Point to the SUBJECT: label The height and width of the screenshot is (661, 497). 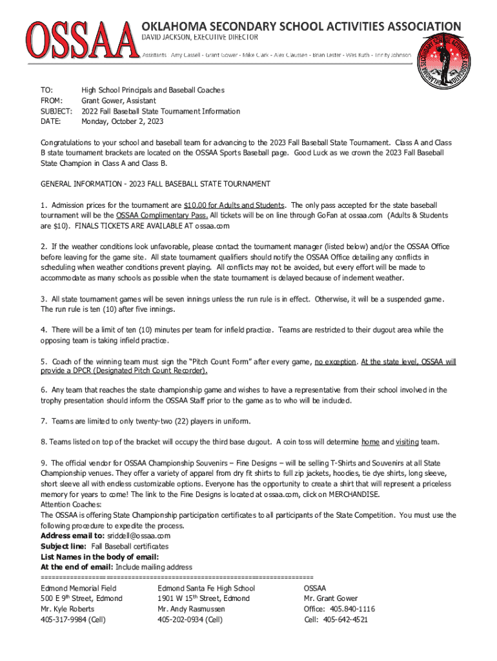56,111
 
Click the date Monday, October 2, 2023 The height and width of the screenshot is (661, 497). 122,121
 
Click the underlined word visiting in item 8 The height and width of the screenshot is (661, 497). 407,442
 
